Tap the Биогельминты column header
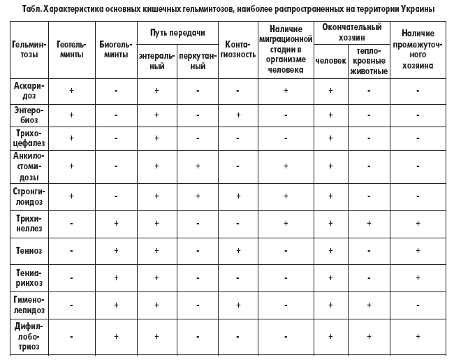coord(116,49)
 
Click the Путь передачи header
coord(177,33)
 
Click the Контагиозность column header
coord(238,49)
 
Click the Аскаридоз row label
coord(29,90)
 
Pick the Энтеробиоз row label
coord(29,115)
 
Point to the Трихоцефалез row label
coord(29,138)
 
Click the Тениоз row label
coord(29,250)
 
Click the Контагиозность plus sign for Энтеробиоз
coord(238,115)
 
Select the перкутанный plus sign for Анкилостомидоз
coord(198,166)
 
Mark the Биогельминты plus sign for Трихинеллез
coord(116,223)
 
